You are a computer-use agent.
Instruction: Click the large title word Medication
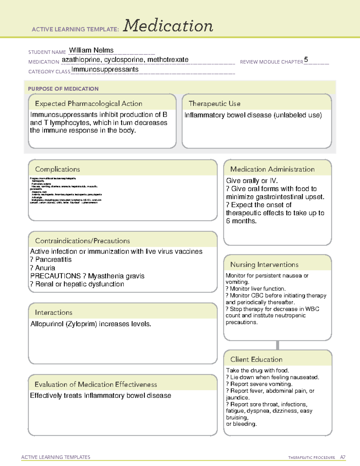[x=168, y=26]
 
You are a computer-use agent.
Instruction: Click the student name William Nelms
[x=91, y=50]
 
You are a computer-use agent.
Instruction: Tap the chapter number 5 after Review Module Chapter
[x=306, y=59]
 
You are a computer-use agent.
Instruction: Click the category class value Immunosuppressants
[x=105, y=69]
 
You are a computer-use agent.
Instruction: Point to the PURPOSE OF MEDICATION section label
[x=63, y=89]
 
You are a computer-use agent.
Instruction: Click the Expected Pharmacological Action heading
[x=88, y=104]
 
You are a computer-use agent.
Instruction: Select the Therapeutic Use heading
[x=214, y=104]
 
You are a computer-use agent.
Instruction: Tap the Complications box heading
[x=57, y=169]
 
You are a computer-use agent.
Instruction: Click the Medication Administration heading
[x=272, y=169]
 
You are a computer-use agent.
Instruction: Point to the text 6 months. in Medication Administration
[x=241, y=221]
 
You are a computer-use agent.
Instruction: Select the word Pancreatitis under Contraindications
[x=53, y=260]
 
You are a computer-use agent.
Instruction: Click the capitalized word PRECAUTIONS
[x=55, y=276]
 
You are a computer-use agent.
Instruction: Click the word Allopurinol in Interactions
[x=47, y=324]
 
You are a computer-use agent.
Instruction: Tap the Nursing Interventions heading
[x=264, y=265]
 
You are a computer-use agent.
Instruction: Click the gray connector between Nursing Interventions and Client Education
[x=277, y=345]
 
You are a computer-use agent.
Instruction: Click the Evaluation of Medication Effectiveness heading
[x=96, y=384]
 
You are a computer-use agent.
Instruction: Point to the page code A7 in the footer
[x=343, y=457]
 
